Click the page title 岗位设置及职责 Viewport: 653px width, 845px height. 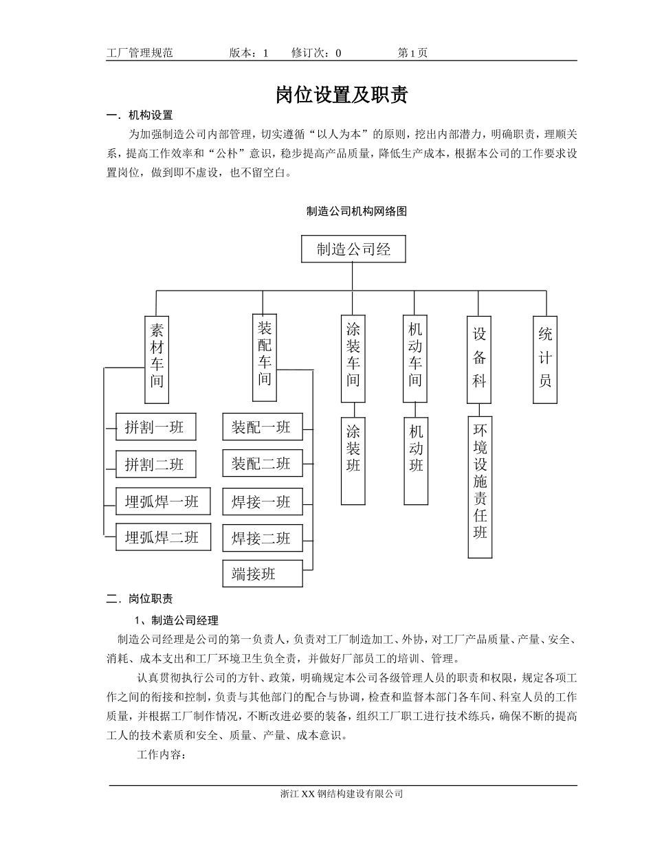342,95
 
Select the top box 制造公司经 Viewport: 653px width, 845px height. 353,249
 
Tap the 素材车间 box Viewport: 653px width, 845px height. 157,359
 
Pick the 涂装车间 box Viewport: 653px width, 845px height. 353,359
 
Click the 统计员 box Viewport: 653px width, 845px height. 545,359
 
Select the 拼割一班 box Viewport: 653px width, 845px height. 155,427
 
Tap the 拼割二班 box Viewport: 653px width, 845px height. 155,465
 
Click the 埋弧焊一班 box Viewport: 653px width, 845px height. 162,502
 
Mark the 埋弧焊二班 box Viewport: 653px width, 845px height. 162,537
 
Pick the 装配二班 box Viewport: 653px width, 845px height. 262,464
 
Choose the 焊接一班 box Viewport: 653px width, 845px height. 262,502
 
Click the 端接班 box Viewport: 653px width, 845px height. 262,574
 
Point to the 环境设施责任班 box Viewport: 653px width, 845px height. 480,487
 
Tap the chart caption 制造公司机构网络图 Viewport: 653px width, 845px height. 356,212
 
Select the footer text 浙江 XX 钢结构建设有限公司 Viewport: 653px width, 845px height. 342,793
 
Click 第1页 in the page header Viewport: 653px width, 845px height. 412,53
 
